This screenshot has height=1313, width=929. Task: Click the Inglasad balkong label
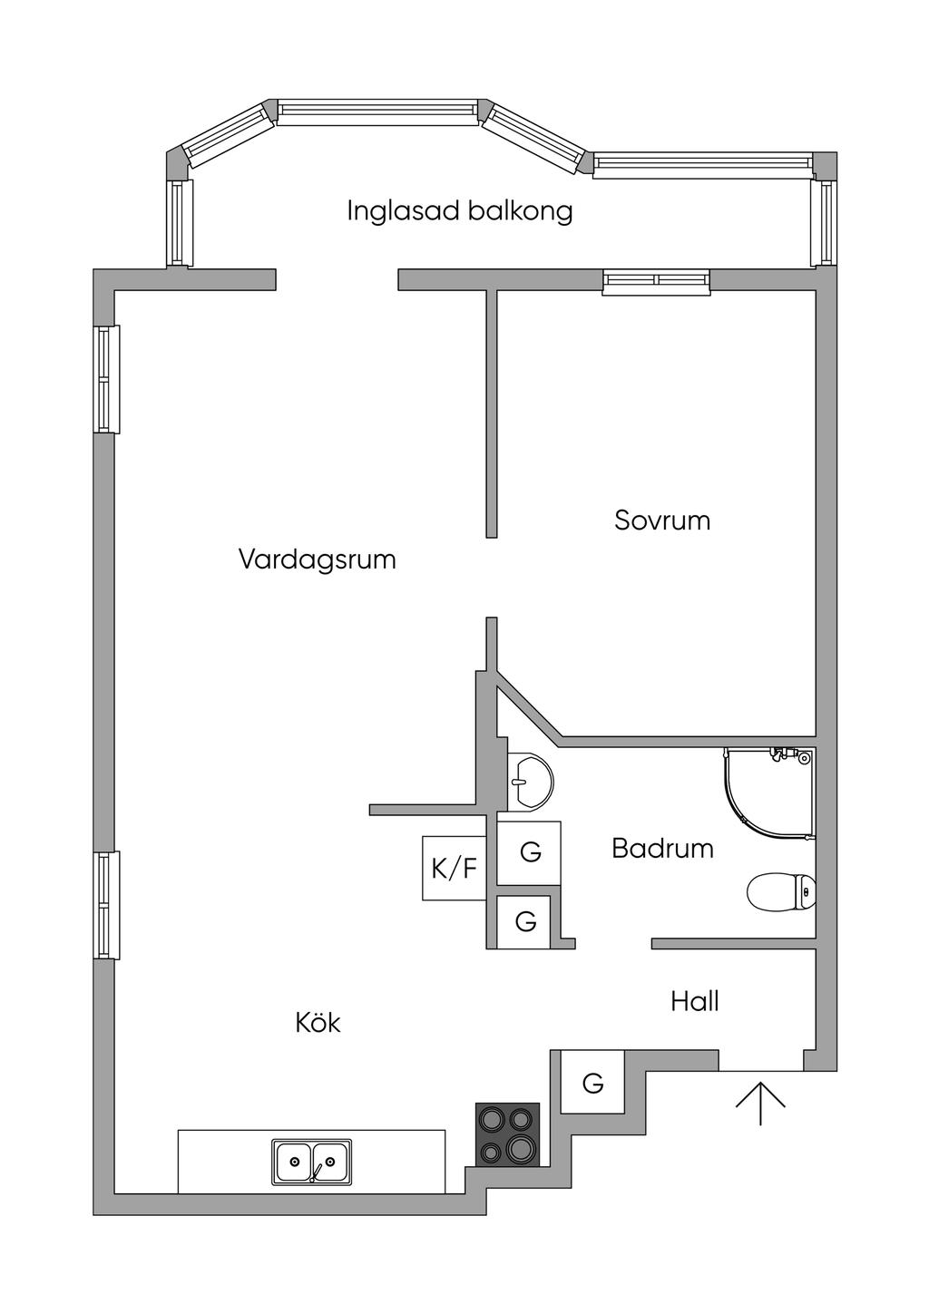pyautogui.click(x=459, y=211)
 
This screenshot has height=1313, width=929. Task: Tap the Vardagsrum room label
pyautogui.click(x=318, y=559)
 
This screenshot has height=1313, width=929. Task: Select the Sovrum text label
pyautogui.click(x=662, y=520)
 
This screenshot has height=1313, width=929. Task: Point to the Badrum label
pyautogui.click(x=662, y=849)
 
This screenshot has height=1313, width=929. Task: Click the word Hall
pyautogui.click(x=694, y=1002)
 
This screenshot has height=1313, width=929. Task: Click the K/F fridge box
pyautogui.click(x=454, y=868)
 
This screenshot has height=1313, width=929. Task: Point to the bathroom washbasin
pyautogui.click(x=530, y=781)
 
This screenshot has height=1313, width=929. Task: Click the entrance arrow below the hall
pyautogui.click(x=760, y=1104)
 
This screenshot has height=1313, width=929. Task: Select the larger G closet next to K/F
pyautogui.click(x=529, y=853)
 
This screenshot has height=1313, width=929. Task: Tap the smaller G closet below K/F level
pyautogui.click(x=523, y=922)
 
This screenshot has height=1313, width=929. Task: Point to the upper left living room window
pyautogui.click(x=106, y=379)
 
